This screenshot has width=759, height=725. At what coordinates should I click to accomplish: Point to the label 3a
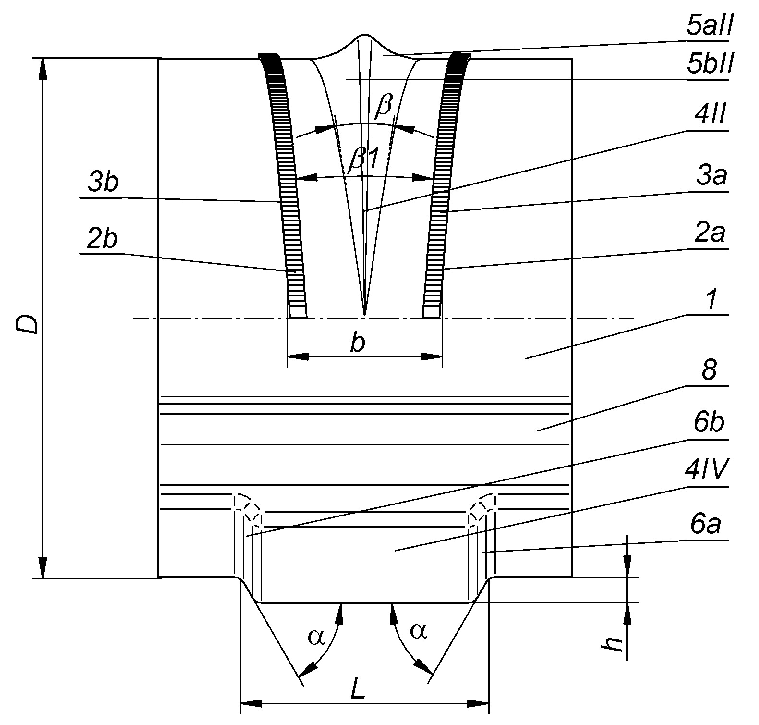tap(712, 177)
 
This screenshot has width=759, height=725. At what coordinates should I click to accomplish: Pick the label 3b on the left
tap(103, 183)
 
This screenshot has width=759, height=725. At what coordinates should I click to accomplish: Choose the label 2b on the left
tap(102, 240)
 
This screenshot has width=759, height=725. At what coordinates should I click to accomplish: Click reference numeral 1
tap(711, 301)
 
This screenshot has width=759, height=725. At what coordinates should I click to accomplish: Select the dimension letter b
tap(357, 344)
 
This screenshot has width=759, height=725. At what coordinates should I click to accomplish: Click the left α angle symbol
tap(316, 636)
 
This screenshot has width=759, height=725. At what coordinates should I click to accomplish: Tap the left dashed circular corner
tap(248, 509)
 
